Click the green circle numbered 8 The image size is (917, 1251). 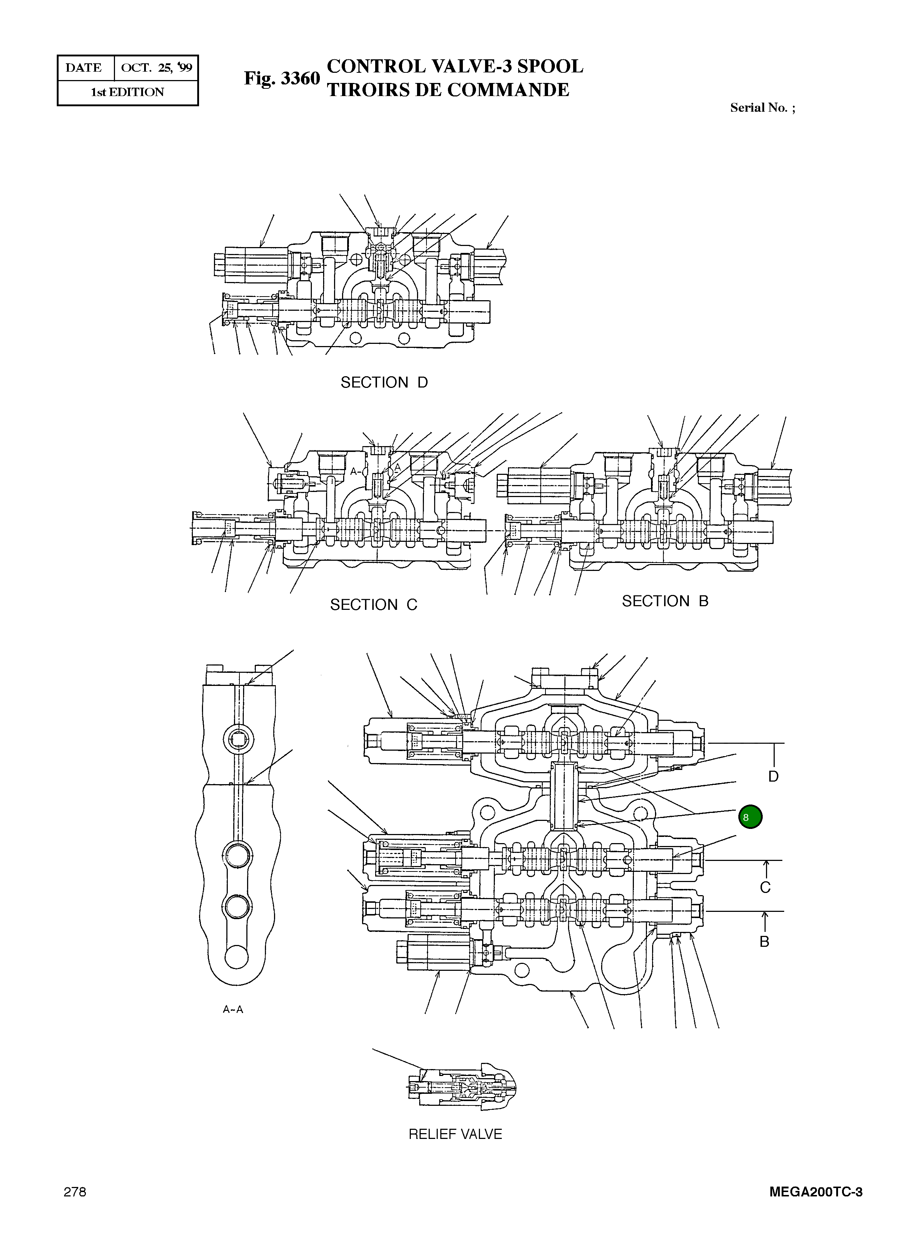[x=750, y=817]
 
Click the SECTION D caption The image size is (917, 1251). [x=384, y=382]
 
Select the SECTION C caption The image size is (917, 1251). [x=374, y=604]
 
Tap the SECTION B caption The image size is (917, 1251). [x=665, y=601]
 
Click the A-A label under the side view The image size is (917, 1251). [x=233, y=1009]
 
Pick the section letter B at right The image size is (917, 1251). [x=765, y=941]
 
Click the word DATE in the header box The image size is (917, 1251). [x=84, y=68]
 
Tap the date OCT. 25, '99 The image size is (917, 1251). [x=156, y=68]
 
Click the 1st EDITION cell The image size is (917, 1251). [x=128, y=92]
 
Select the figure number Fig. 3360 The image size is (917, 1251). [x=282, y=78]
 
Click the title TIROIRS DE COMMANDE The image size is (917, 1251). [x=448, y=90]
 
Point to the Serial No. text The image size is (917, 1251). [x=762, y=108]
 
